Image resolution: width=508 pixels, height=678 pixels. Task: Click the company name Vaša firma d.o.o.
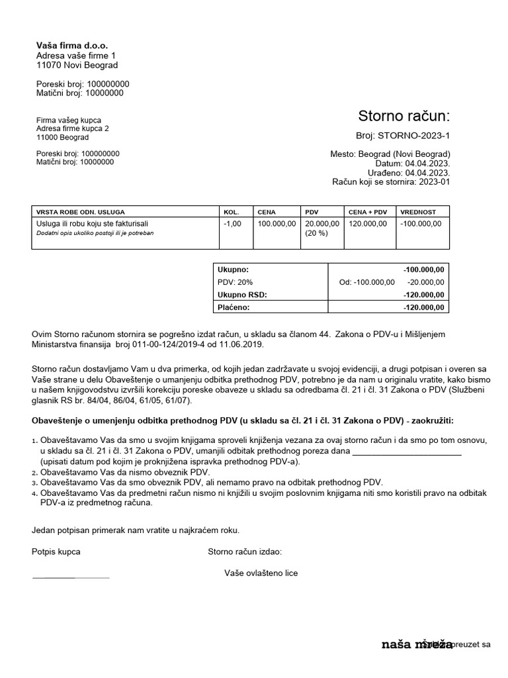(x=71, y=46)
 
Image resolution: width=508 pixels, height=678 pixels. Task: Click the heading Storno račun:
(x=403, y=117)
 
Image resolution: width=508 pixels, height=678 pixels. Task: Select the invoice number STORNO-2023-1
(x=413, y=136)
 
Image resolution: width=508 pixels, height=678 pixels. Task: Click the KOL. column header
(x=231, y=212)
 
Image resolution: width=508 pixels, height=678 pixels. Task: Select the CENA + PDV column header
(x=367, y=212)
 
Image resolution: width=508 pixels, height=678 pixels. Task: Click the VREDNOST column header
(x=418, y=212)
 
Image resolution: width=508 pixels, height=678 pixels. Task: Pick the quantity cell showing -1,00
(x=233, y=224)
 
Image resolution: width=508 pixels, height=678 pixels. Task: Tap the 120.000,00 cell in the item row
(x=368, y=224)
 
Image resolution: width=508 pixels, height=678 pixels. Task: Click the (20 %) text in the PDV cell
(x=317, y=234)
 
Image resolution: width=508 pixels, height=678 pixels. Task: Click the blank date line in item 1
(x=407, y=453)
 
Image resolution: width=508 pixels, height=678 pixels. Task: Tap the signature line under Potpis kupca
(x=71, y=578)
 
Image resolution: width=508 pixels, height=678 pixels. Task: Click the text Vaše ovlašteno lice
(x=261, y=573)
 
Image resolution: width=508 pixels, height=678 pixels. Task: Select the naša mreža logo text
(x=417, y=644)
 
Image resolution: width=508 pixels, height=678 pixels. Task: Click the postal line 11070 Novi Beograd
(x=77, y=66)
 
